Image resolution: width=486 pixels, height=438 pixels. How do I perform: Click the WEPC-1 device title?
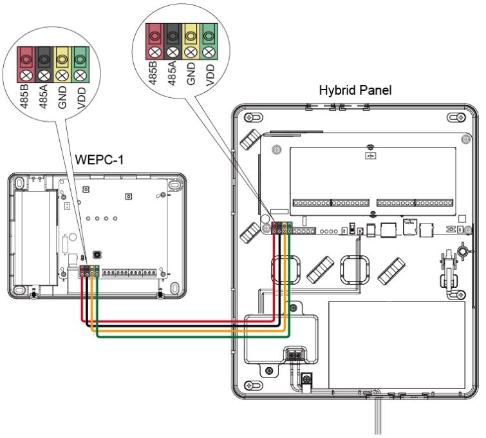(99, 160)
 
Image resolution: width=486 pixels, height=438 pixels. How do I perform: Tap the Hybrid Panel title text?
(355, 90)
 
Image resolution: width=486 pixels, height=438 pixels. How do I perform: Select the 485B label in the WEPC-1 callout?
(24, 97)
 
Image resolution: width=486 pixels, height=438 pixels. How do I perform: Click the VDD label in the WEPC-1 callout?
(81, 98)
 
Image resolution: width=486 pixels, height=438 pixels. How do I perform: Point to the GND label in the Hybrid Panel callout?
(191, 73)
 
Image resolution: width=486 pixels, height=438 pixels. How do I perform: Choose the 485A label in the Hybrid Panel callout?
(172, 73)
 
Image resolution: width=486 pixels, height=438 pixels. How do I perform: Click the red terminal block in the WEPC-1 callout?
(26, 65)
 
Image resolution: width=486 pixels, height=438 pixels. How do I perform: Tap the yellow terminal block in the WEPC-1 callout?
(62, 65)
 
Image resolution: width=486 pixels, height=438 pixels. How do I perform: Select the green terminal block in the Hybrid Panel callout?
(209, 42)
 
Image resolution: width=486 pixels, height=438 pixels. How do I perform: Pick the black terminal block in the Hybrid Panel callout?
(173, 42)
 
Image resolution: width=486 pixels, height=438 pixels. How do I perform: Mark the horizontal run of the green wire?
(193, 336)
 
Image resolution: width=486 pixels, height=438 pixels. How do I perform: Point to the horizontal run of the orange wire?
(188, 331)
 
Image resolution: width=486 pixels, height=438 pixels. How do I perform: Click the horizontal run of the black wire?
(183, 326)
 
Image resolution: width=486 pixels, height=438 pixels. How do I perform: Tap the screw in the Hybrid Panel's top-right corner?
(462, 118)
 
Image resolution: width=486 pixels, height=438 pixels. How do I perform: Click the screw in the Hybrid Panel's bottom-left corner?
(249, 386)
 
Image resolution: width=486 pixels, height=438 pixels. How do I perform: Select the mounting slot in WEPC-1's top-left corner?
(19, 182)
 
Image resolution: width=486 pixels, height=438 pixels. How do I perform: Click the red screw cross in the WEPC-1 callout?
(26, 75)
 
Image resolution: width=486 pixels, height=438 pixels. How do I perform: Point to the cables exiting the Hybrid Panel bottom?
(377, 416)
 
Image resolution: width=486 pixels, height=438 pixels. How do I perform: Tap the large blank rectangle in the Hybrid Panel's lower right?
(397, 345)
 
